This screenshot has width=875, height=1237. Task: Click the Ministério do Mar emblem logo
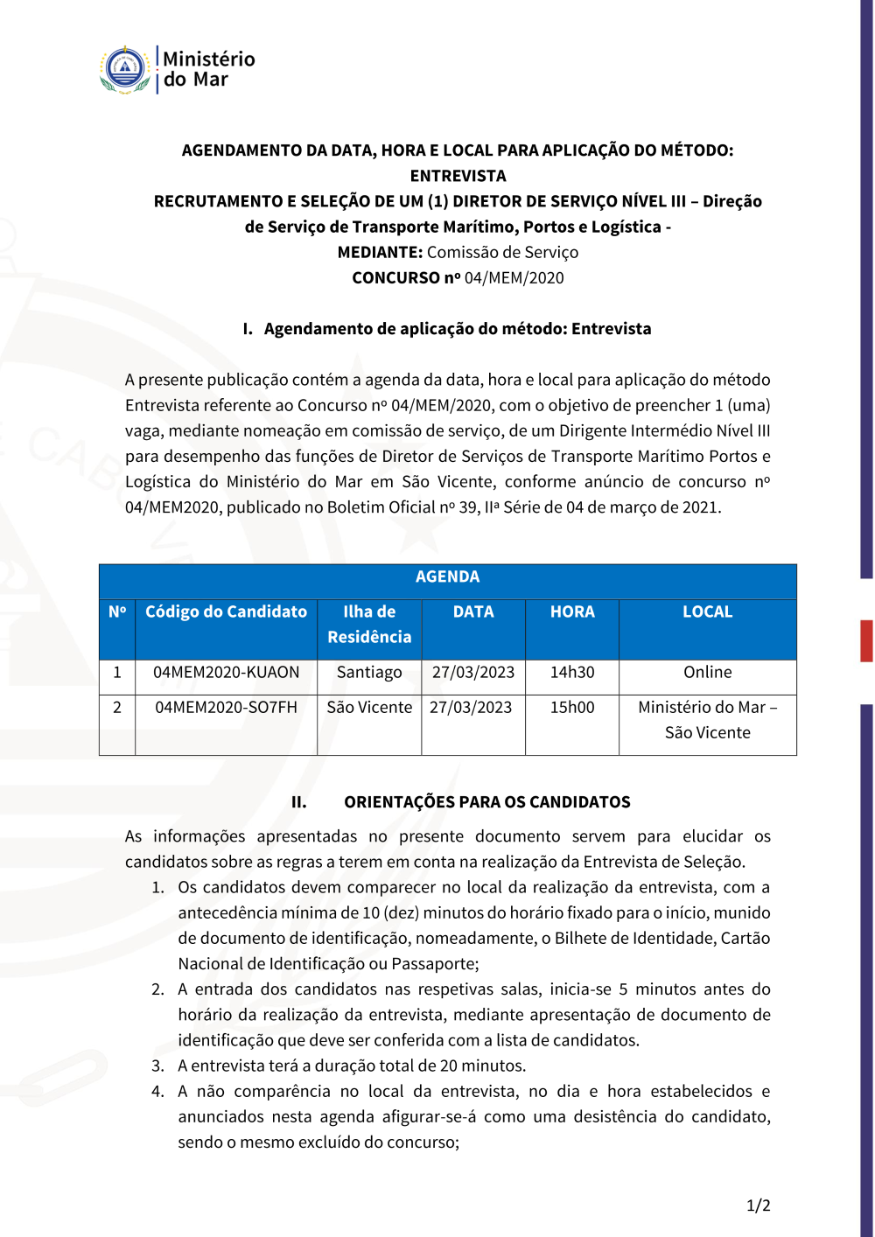125,69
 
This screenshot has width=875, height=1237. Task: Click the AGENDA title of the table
447,577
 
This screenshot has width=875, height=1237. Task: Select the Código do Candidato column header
226,612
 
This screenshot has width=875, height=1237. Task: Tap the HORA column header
572,612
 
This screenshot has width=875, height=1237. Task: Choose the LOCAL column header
707,612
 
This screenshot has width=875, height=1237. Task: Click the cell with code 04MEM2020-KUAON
226,672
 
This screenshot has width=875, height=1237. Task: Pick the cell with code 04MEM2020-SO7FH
226,707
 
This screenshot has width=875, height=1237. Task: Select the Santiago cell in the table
369,672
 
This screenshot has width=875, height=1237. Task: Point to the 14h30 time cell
572,672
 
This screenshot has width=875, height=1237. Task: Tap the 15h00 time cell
572,707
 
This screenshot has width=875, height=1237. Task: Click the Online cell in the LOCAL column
707,672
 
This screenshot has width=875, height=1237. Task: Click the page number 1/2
758,1206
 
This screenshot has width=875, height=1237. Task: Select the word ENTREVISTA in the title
458,176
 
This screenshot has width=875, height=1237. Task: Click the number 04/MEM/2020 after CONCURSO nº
514,277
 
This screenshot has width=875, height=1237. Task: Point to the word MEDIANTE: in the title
380,252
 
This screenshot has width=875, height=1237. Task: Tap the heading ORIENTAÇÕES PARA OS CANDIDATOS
486,802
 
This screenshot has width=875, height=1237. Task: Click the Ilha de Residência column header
369,624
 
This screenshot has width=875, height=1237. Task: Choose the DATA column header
473,612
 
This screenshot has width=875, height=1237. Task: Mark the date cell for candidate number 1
473,672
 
